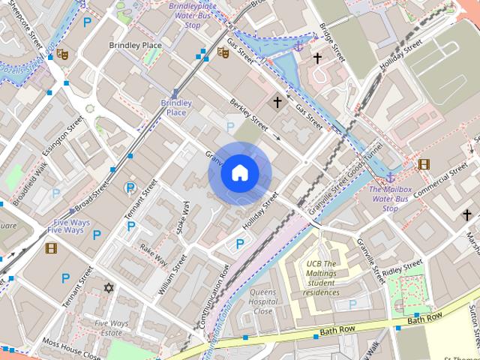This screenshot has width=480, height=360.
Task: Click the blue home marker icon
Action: coord(239,173)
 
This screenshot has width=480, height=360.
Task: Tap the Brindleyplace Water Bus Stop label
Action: coord(193,15)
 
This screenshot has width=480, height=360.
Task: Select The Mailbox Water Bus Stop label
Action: coord(390,199)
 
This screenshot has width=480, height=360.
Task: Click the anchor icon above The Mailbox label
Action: coord(390,177)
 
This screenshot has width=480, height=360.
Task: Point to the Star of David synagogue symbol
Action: coord(109,287)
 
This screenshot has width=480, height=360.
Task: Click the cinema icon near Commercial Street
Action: coord(424,164)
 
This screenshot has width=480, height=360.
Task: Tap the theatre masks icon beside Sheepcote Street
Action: coord(62,54)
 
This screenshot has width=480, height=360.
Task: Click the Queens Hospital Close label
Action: coord(262,301)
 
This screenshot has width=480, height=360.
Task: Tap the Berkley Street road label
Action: coord(249,113)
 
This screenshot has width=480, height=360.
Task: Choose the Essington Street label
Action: coord(63,136)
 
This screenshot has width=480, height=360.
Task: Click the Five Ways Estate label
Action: coord(112,328)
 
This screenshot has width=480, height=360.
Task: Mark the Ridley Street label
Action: coord(403,268)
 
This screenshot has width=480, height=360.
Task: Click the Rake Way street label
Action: coord(153,255)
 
